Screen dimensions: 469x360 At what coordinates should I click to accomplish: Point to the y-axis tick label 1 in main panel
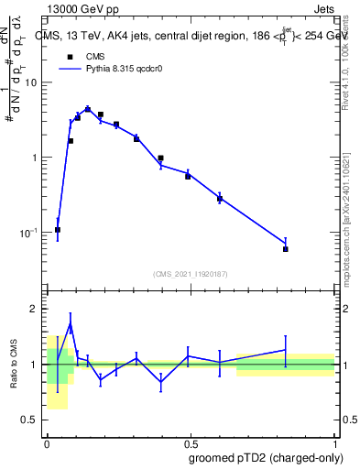(x=36, y=158)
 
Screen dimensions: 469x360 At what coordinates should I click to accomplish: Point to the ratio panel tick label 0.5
(x=30, y=420)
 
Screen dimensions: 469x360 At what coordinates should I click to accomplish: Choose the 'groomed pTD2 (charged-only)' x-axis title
(x=266, y=458)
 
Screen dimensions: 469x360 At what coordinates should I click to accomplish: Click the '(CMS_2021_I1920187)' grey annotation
(x=190, y=273)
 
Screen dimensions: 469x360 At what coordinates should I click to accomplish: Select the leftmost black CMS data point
(x=58, y=230)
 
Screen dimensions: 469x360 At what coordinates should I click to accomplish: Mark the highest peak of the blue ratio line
(x=71, y=323)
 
